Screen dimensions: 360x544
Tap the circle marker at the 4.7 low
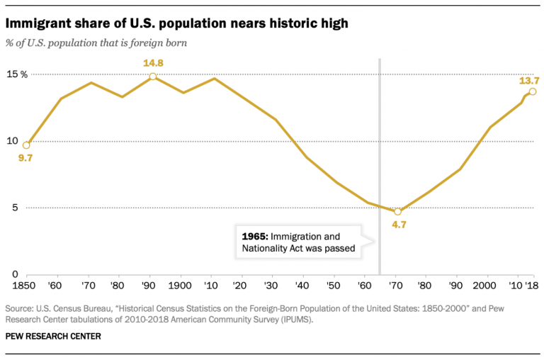point(397,211)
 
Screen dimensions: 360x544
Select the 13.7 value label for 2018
point(528,81)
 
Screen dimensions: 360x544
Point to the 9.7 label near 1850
point(27,158)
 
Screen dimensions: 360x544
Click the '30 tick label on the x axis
point(273,286)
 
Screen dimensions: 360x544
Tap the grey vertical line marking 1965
point(380,142)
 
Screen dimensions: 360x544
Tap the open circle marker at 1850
point(26,145)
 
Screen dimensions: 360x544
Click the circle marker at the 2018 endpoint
point(533,91)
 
